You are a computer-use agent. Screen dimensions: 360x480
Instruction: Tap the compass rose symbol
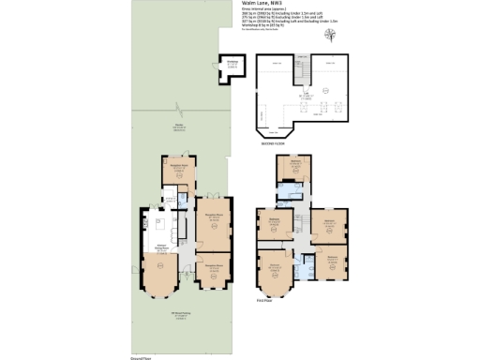pyautogui.click(x=329, y=36)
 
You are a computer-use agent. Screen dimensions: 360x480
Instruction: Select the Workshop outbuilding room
pyautogui.click(x=232, y=66)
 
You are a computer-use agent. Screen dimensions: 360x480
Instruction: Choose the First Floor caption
pyautogui.click(x=263, y=302)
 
